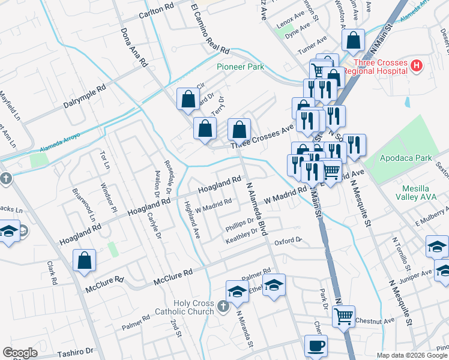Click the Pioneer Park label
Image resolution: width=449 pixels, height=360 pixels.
pos(240,67)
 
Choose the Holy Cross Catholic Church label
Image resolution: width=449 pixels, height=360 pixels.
pos(193,307)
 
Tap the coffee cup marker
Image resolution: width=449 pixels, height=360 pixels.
pos(316,346)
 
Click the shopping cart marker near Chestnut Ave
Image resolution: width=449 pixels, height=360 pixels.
pos(343,316)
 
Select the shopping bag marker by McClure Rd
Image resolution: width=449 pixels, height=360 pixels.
pos(85,260)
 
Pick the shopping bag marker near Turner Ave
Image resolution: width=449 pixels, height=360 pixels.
pos(354,41)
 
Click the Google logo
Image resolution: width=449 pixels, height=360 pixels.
pos(20,353)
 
